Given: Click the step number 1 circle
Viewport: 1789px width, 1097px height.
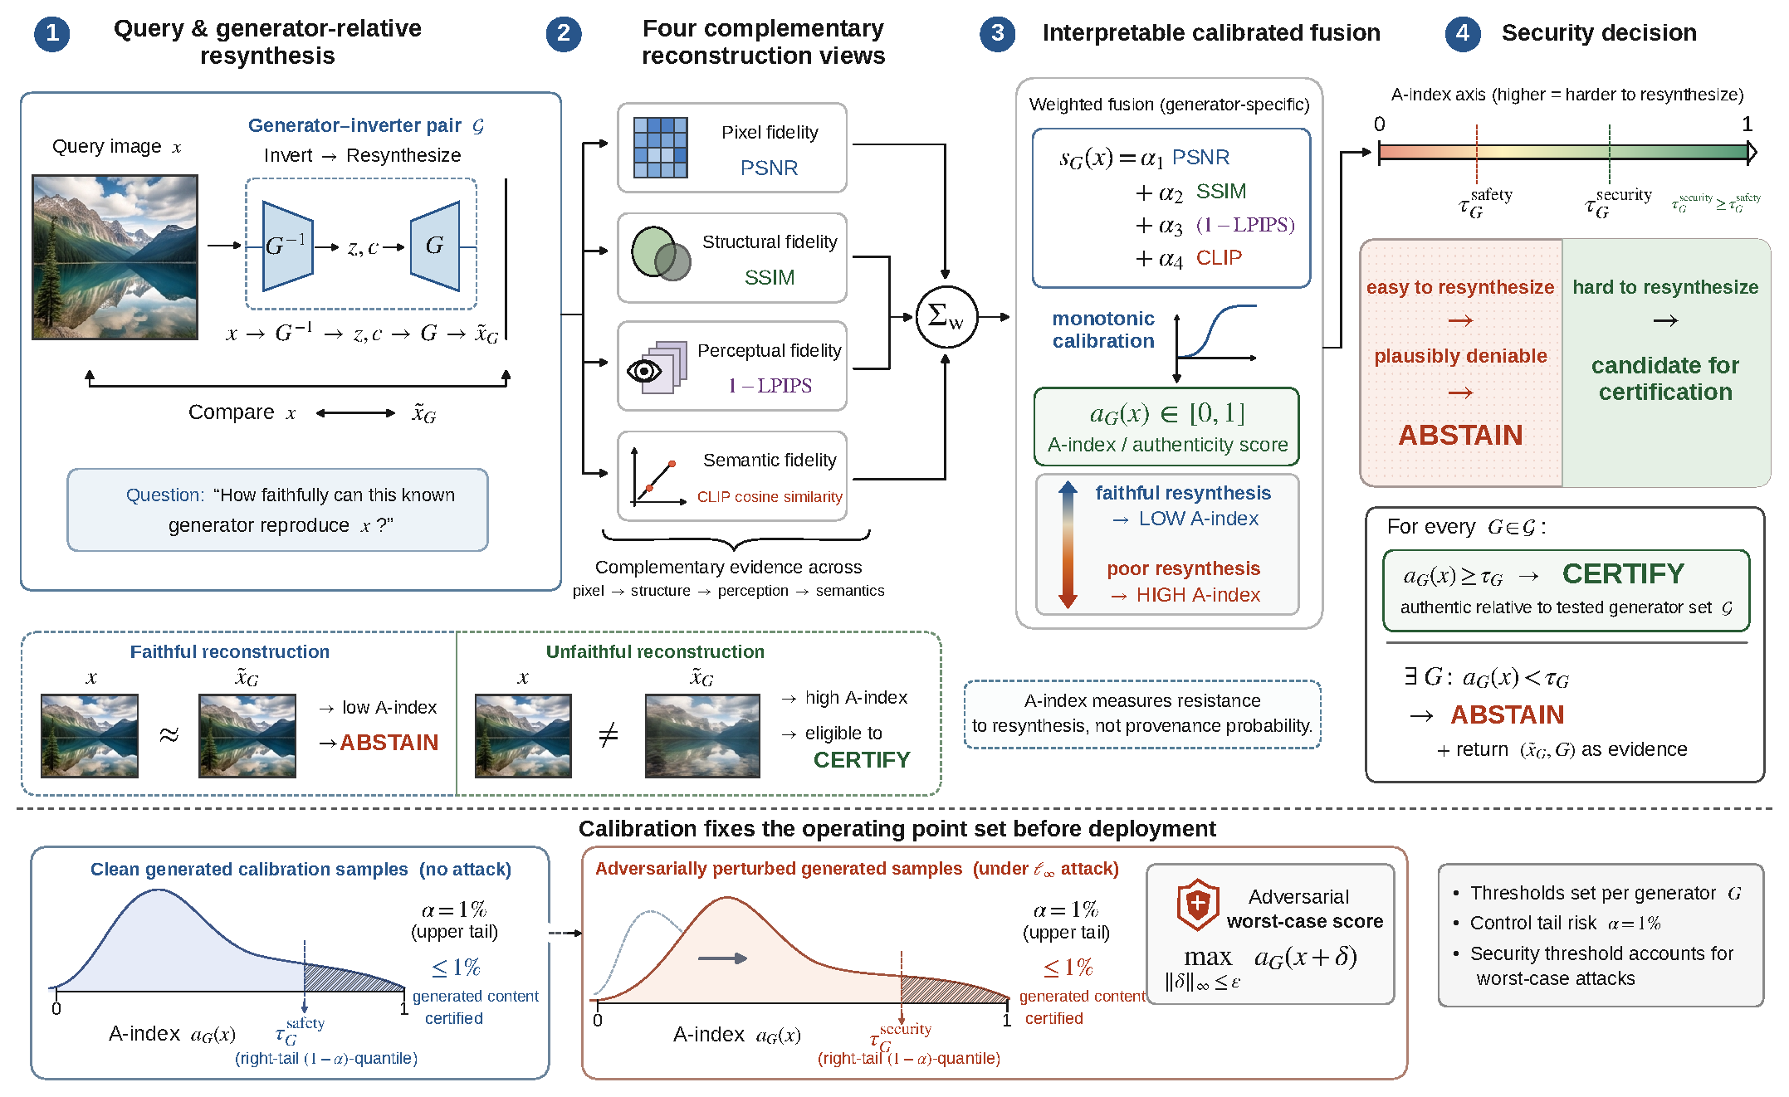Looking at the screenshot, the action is coord(51,33).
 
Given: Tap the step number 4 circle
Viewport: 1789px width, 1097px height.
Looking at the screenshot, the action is coord(1463,33).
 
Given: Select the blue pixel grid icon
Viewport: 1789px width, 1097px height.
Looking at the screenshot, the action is coord(660,148).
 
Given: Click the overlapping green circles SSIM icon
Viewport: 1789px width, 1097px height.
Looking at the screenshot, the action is coord(661,253).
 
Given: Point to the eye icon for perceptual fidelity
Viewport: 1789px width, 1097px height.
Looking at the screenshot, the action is coord(645,370).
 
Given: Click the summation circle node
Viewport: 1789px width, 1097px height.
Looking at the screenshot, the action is coord(946,317).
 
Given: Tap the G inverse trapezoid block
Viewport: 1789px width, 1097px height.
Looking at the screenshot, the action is coord(287,246).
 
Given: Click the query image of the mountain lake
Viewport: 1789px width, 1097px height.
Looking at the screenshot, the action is coord(115,257).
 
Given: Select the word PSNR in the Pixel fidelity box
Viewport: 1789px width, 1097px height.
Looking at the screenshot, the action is coord(769,168).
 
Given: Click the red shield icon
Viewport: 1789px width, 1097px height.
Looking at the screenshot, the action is coord(1197,904).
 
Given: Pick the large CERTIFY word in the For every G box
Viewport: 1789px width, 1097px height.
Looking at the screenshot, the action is coord(1623,573).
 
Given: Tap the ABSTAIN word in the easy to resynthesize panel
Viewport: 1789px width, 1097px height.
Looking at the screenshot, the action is coord(1460,435).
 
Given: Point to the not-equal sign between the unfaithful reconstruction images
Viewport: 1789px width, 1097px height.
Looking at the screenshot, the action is coord(609,734).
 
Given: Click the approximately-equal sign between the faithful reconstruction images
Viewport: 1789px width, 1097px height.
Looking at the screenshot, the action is coord(169,735).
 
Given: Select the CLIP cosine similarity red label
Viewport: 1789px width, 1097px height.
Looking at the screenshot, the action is coord(770,497).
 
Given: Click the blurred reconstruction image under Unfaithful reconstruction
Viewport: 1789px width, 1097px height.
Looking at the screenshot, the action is coord(702,736).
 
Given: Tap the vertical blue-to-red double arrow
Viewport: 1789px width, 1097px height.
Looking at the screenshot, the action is coord(1068,544).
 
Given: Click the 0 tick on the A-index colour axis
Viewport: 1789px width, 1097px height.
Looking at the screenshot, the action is coord(1379,124).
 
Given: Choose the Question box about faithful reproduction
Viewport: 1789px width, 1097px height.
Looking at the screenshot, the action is coord(277,509).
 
